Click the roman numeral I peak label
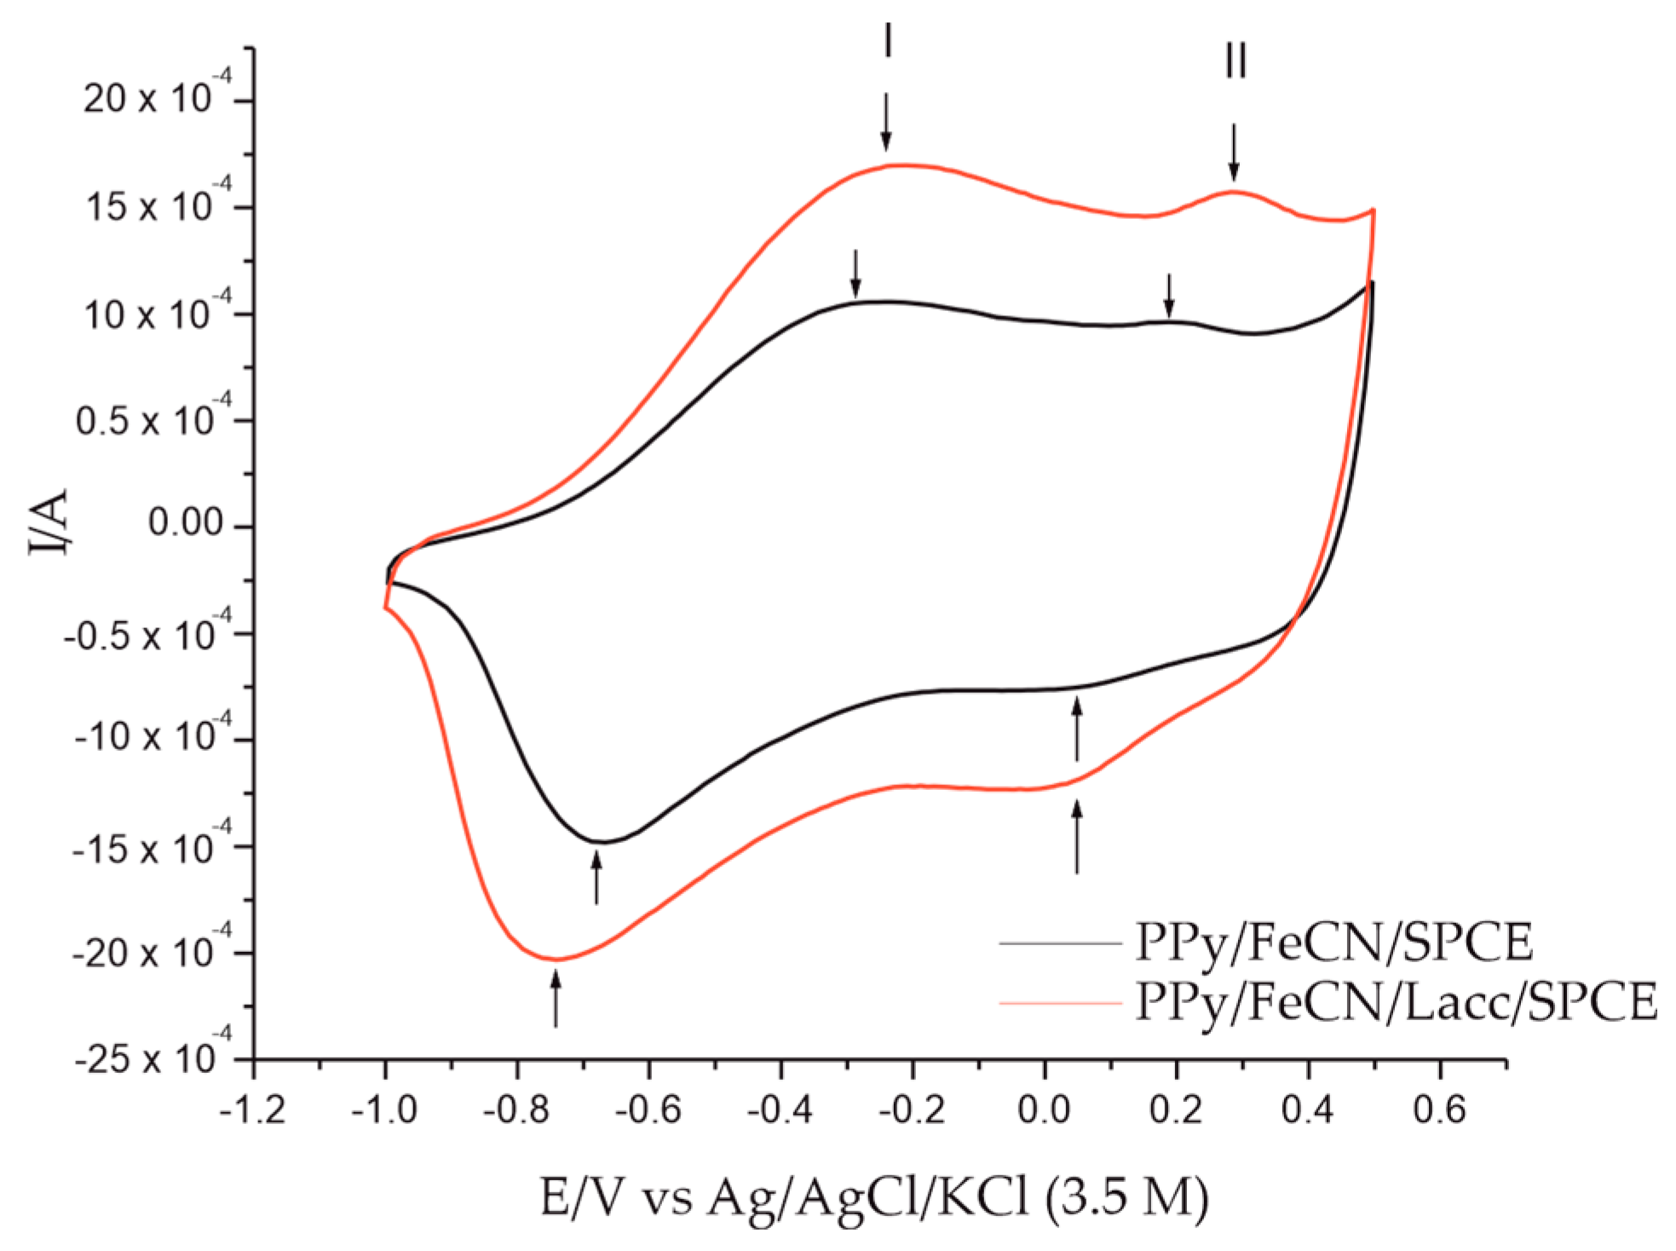click(x=887, y=41)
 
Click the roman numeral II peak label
click(x=1235, y=61)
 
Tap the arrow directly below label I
click(x=886, y=123)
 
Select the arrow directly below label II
click(x=1233, y=153)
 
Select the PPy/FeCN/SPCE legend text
click(x=1333, y=943)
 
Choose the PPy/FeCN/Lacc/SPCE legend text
click(x=1397, y=1002)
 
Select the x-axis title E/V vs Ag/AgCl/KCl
click(x=873, y=1197)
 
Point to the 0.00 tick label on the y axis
click(x=185, y=522)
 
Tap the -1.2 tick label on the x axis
click(x=252, y=1110)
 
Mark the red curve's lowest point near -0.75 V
click(x=556, y=960)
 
